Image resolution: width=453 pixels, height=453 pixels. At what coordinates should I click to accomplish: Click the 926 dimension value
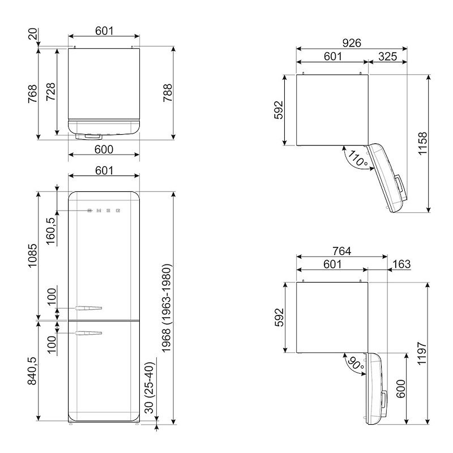(352, 43)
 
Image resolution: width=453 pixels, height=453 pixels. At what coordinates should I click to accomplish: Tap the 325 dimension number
(387, 57)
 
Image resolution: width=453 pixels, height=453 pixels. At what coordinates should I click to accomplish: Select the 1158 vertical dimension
(422, 144)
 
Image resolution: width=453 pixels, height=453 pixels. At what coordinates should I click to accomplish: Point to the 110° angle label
(358, 159)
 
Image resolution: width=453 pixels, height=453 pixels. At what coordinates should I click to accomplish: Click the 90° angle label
(356, 364)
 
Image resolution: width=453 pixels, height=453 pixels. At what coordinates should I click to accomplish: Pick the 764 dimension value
(341, 251)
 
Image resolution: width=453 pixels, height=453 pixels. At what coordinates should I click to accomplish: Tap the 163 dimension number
(401, 264)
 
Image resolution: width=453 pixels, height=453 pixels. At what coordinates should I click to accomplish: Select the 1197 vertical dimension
(422, 353)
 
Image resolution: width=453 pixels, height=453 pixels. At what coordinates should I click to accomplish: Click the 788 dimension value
(168, 93)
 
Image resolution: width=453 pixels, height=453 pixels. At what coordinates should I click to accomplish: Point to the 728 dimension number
(50, 92)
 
